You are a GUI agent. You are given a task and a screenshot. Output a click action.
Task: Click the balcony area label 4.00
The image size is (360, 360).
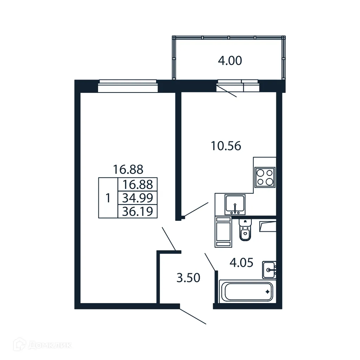coord(230,61)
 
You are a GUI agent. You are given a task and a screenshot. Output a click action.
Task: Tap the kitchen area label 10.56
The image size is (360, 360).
coord(226,146)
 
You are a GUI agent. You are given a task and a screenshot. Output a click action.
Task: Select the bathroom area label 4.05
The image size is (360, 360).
coord(241,263)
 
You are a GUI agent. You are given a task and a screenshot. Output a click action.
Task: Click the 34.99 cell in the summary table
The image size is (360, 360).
coord(137,198)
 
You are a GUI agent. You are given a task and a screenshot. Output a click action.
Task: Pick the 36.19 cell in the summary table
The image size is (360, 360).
coord(137,212)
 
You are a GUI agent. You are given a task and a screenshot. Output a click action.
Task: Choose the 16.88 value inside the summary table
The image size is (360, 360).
coord(137,185)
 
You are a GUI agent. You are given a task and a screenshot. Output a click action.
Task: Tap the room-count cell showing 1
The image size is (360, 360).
coord(108,198)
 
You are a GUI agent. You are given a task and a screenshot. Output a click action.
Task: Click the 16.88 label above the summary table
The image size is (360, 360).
coord(128,169)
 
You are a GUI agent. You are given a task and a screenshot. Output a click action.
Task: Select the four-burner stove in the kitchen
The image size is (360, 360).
coord(265,177)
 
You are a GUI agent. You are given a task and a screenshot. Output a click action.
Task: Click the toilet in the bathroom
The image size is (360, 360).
coord(245,230)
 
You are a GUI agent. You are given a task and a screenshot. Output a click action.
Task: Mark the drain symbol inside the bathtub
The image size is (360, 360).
coord(268,291)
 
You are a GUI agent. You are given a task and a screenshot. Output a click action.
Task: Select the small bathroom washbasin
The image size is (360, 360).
coord(269,270)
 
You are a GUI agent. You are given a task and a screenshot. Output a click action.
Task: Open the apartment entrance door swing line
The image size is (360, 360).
coord(193,316)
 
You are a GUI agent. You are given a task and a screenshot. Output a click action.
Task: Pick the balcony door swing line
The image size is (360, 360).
coord(227,91)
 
